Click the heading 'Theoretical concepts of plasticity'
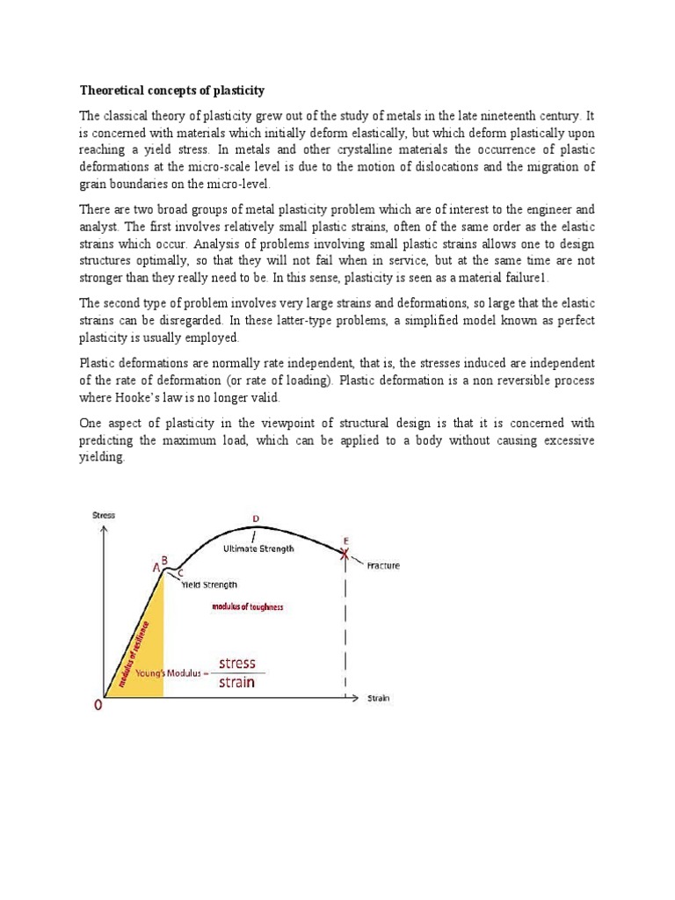click(x=172, y=91)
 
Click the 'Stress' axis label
click(x=104, y=515)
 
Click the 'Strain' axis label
click(x=378, y=699)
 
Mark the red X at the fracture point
click(x=345, y=552)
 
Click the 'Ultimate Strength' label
click(x=258, y=548)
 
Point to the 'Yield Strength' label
click(x=208, y=584)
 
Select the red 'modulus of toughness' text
click(x=248, y=607)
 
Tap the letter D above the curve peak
click(x=256, y=519)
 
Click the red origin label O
click(x=99, y=705)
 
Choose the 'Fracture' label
click(x=382, y=566)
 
